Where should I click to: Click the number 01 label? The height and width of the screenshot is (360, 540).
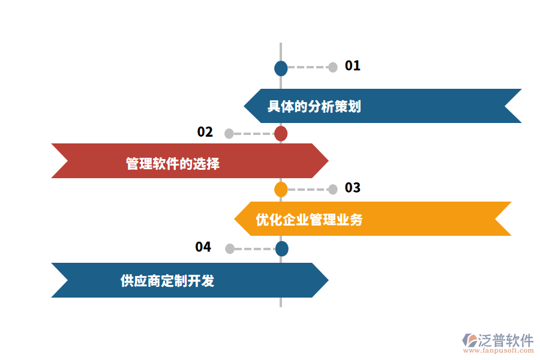(x=352, y=66)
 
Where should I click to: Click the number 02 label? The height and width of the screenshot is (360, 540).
(x=205, y=132)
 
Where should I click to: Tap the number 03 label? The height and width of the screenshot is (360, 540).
(x=352, y=188)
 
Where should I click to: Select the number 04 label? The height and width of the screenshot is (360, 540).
(x=203, y=247)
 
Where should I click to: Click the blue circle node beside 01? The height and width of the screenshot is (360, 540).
(x=281, y=68)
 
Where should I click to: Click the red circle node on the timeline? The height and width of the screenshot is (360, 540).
(x=281, y=134)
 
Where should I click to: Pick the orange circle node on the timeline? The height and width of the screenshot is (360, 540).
(x=281, y=190)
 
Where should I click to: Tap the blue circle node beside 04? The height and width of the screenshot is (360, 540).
(x=281, y=248)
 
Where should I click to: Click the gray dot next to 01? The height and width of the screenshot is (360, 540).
(x=332, y=67)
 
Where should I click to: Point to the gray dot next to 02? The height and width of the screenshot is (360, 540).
(x=229, y=134)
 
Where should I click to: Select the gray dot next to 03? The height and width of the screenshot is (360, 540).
(x=332, y=190)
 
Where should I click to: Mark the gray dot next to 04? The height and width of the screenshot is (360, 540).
(x=229, y=248)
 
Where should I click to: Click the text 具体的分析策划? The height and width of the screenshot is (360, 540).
(x=314, y=107)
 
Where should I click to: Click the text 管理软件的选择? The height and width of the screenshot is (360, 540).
(x=173, y=163)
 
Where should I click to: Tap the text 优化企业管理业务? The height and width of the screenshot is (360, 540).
(x=309, y=220)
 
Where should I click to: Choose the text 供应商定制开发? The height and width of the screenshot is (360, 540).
(x=167, y=280)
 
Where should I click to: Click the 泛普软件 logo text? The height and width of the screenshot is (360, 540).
(x=505, y=340)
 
